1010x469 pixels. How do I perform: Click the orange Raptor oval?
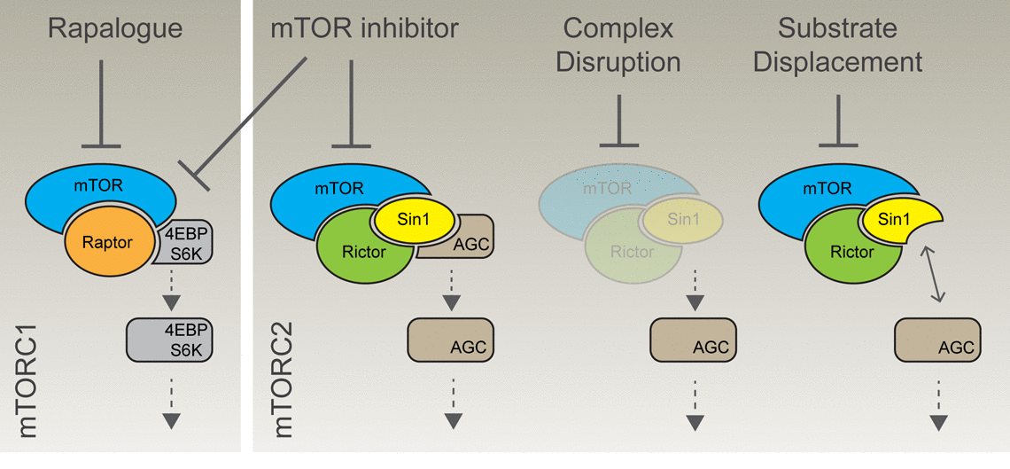106,240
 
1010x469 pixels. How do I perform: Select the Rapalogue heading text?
115,28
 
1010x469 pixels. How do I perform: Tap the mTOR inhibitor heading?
364,28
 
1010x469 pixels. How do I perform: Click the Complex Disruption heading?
618,44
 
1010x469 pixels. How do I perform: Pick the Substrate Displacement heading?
837,44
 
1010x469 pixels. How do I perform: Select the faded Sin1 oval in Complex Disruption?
683,218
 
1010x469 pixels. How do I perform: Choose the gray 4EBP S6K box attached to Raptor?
184,241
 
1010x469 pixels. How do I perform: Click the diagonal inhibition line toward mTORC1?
248,115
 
